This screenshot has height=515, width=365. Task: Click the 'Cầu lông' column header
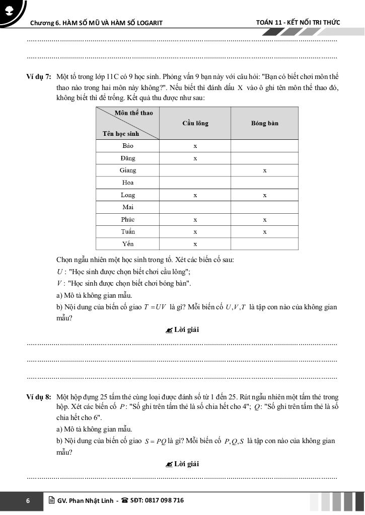click(195, 123)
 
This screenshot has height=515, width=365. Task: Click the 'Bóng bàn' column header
click(264, 123)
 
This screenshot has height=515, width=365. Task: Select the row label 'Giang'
click(128, 170)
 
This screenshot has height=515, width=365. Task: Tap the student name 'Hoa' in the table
click(128, 183)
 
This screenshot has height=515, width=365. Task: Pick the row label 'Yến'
click(128, 244)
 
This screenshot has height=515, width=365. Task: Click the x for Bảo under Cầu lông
click(195, 146)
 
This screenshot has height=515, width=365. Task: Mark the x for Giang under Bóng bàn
click(264, 170)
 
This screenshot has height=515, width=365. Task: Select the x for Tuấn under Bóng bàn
click(264, 232)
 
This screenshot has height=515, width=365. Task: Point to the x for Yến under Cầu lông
click(195, 244)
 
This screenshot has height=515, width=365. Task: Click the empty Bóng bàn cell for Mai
click(264, 207)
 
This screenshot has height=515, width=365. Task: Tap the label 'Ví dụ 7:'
click(39, 77)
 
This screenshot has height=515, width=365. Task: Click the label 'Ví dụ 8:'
click(39, 397)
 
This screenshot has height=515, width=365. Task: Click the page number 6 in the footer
click(28, 501)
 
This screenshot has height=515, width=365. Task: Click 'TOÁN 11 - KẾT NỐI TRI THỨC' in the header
click(298, 23)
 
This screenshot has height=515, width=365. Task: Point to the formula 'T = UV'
click(151, 307)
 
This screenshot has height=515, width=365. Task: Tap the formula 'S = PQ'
click(155, 442)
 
